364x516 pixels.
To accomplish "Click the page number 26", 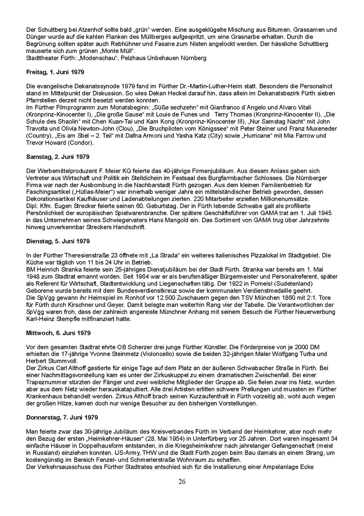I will [x=182, y=481].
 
